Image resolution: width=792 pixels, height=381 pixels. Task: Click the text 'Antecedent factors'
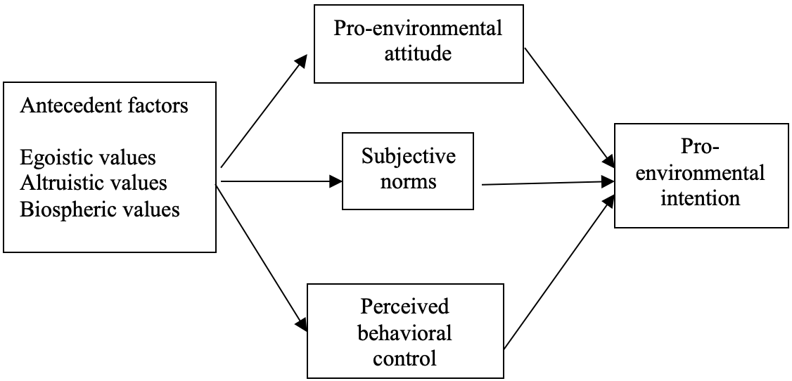[104, 106]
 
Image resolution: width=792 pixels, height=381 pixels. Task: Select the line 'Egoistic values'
[88, 158]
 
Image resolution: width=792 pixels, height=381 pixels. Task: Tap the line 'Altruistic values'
[94, 183]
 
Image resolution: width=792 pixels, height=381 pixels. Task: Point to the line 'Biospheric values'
[100, 209]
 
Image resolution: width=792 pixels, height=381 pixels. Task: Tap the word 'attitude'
[419, 53]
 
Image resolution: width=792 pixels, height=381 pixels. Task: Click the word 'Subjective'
[409, 157]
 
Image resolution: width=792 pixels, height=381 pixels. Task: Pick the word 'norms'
[409, 181]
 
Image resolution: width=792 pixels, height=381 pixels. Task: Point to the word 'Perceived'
[404, 306]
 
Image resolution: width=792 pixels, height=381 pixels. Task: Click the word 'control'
[405, 359]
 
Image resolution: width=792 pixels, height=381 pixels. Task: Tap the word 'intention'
[701, 198]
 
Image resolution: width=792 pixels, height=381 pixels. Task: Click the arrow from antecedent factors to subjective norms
[282, 181]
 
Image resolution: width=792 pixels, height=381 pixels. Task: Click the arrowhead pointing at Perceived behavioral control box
[302, 323]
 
